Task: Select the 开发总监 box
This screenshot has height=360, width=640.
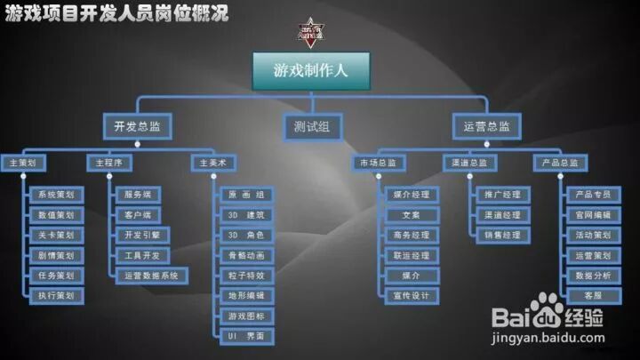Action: point(136,127)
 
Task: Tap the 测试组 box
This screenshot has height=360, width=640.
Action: point(312,127)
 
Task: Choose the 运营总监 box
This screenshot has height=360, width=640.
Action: point(486,127)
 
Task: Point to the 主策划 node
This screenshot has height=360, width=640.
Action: point(22,164)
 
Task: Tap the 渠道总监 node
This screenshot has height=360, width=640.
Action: point(465,164)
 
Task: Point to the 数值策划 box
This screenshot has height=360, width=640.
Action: point(56,215)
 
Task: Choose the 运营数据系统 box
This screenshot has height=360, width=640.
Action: point(151,276)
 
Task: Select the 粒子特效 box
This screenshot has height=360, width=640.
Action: point(246,276)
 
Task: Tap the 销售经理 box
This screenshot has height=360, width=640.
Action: point(502,236)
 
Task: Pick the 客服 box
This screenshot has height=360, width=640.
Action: point(593,296)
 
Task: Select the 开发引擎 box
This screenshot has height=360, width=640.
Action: point(141,236)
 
